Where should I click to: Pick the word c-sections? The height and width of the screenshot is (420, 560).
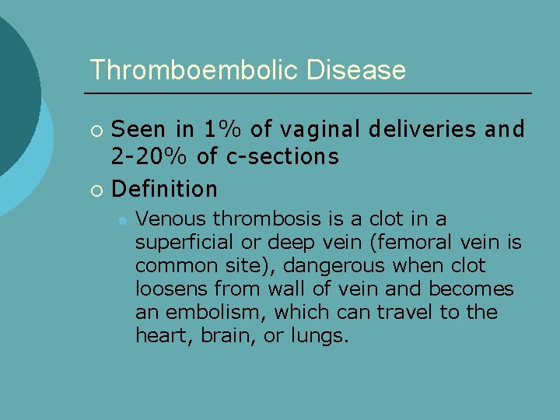click(282, 157)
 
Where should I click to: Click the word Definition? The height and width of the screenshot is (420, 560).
click(165, 188)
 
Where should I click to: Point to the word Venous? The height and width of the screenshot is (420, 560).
click(170, 219)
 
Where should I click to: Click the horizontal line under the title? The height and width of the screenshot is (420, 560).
click(310, 93)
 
